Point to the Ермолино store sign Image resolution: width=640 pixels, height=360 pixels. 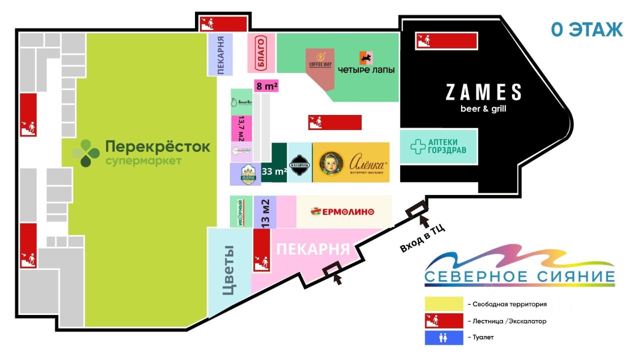(343, 211)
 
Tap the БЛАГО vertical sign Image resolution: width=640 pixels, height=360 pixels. (260, 53)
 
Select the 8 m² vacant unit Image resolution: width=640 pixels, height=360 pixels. (266, 86)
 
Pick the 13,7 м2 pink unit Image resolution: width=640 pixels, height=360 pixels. (241, 128)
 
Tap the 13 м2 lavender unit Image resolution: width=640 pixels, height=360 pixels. (265, 212)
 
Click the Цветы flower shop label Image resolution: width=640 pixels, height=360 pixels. (228, 270)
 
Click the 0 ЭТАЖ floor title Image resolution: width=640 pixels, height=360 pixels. (586, 29)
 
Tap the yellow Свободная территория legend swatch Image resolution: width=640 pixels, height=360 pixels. (444, 304)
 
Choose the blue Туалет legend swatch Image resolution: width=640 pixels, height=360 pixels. (444, 337)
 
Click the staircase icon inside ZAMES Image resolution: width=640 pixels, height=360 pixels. (446, 40)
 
